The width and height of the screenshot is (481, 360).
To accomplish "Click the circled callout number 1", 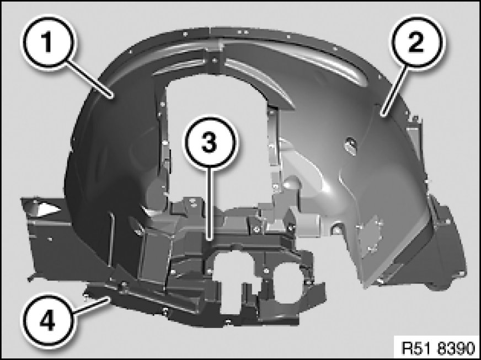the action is pyautogui.click(x=47, y=42).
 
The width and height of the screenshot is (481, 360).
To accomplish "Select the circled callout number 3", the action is pyautogui.click(x=210, y=142).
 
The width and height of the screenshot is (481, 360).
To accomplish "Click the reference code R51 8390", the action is pyautogui.click(x=439, y=348).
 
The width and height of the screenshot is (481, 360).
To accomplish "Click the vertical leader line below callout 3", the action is pyautogui.click(x=210, y=203).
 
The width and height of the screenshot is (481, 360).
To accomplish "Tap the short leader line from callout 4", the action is pyautogui.click(x=90, y=305).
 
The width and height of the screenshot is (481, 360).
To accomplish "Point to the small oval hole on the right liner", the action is pyautogui.click(x=351, y=144).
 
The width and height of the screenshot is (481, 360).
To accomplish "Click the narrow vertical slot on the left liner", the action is pyautogui.click(x=111, y=237).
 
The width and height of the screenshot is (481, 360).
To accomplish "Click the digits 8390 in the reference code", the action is pyautogui.click(x=456, y=348).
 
